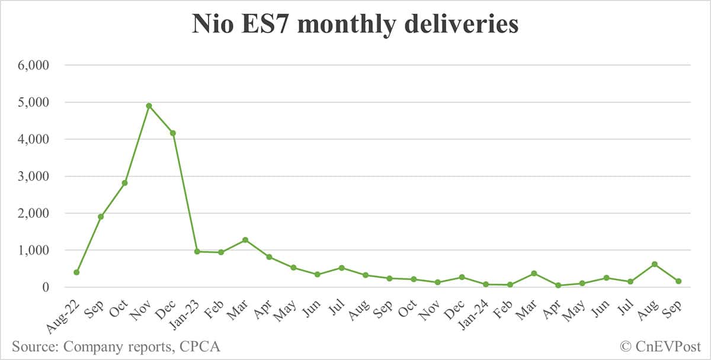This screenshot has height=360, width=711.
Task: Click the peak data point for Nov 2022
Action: click(x=149, y=106)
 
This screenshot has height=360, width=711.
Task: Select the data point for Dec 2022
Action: click(x=173, y=133)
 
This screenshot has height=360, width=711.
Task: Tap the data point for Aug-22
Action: click(x=76, y=272)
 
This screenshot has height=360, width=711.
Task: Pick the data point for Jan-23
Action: click(x=197, y=252)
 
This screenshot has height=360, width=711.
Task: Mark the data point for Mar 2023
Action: click(x=245, y=240)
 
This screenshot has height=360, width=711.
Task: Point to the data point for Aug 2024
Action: click(x=654, y=264)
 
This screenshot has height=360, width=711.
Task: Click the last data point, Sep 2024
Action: click(x=678, y=281)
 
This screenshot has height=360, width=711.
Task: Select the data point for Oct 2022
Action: click(x=124, y=183)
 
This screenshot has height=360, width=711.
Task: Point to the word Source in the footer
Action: click(x=33, y=346)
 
